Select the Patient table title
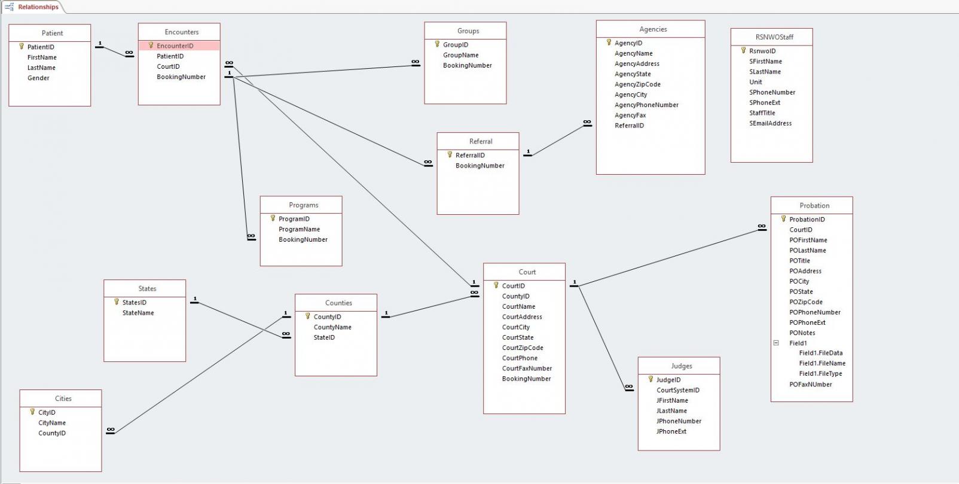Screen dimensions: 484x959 pyautogui.click(x=52, y=33)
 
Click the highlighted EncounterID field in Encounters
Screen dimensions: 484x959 pyautogui.click(x=175, y=45)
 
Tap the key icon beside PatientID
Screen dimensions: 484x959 pyautogui.click(x=22, y=47)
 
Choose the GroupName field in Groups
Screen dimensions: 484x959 pyautogui.click(x=460, y=55)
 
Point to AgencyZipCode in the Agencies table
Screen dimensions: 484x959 pyautogui.click(x=637, y=84)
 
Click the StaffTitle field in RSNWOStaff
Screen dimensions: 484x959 pyautogui.click(x=762, y=113)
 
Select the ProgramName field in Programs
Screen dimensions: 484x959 pyautogui.click(x=299, y=229)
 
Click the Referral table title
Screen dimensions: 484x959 pyautogui.click(x=481, y=141)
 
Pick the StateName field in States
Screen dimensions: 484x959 pyautogui.click(x=138, y=313)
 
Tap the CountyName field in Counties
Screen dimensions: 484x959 pyautogui.click(x=332, y=327)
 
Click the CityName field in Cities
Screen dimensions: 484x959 pyautogui.click(x=52, y=423)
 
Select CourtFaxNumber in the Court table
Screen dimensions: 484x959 pyautogui.click(x=527, y=369)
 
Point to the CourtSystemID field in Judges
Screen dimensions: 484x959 pyautogui.click(x=677, y=390)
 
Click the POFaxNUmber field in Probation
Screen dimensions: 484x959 pyautogui.click(x=810, y=385)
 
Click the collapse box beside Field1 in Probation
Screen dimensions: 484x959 pyautogui.click(x=776, y=343)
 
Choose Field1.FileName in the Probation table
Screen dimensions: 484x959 pyautogui.click(x=822, y=363)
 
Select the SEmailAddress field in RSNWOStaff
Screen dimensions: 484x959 pyautogui.click(x=770, y=123)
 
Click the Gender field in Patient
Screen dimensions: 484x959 pyautogui.click(x=38, y=78)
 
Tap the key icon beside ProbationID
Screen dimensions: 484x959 pyautogui.click(x=783, y=219)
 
